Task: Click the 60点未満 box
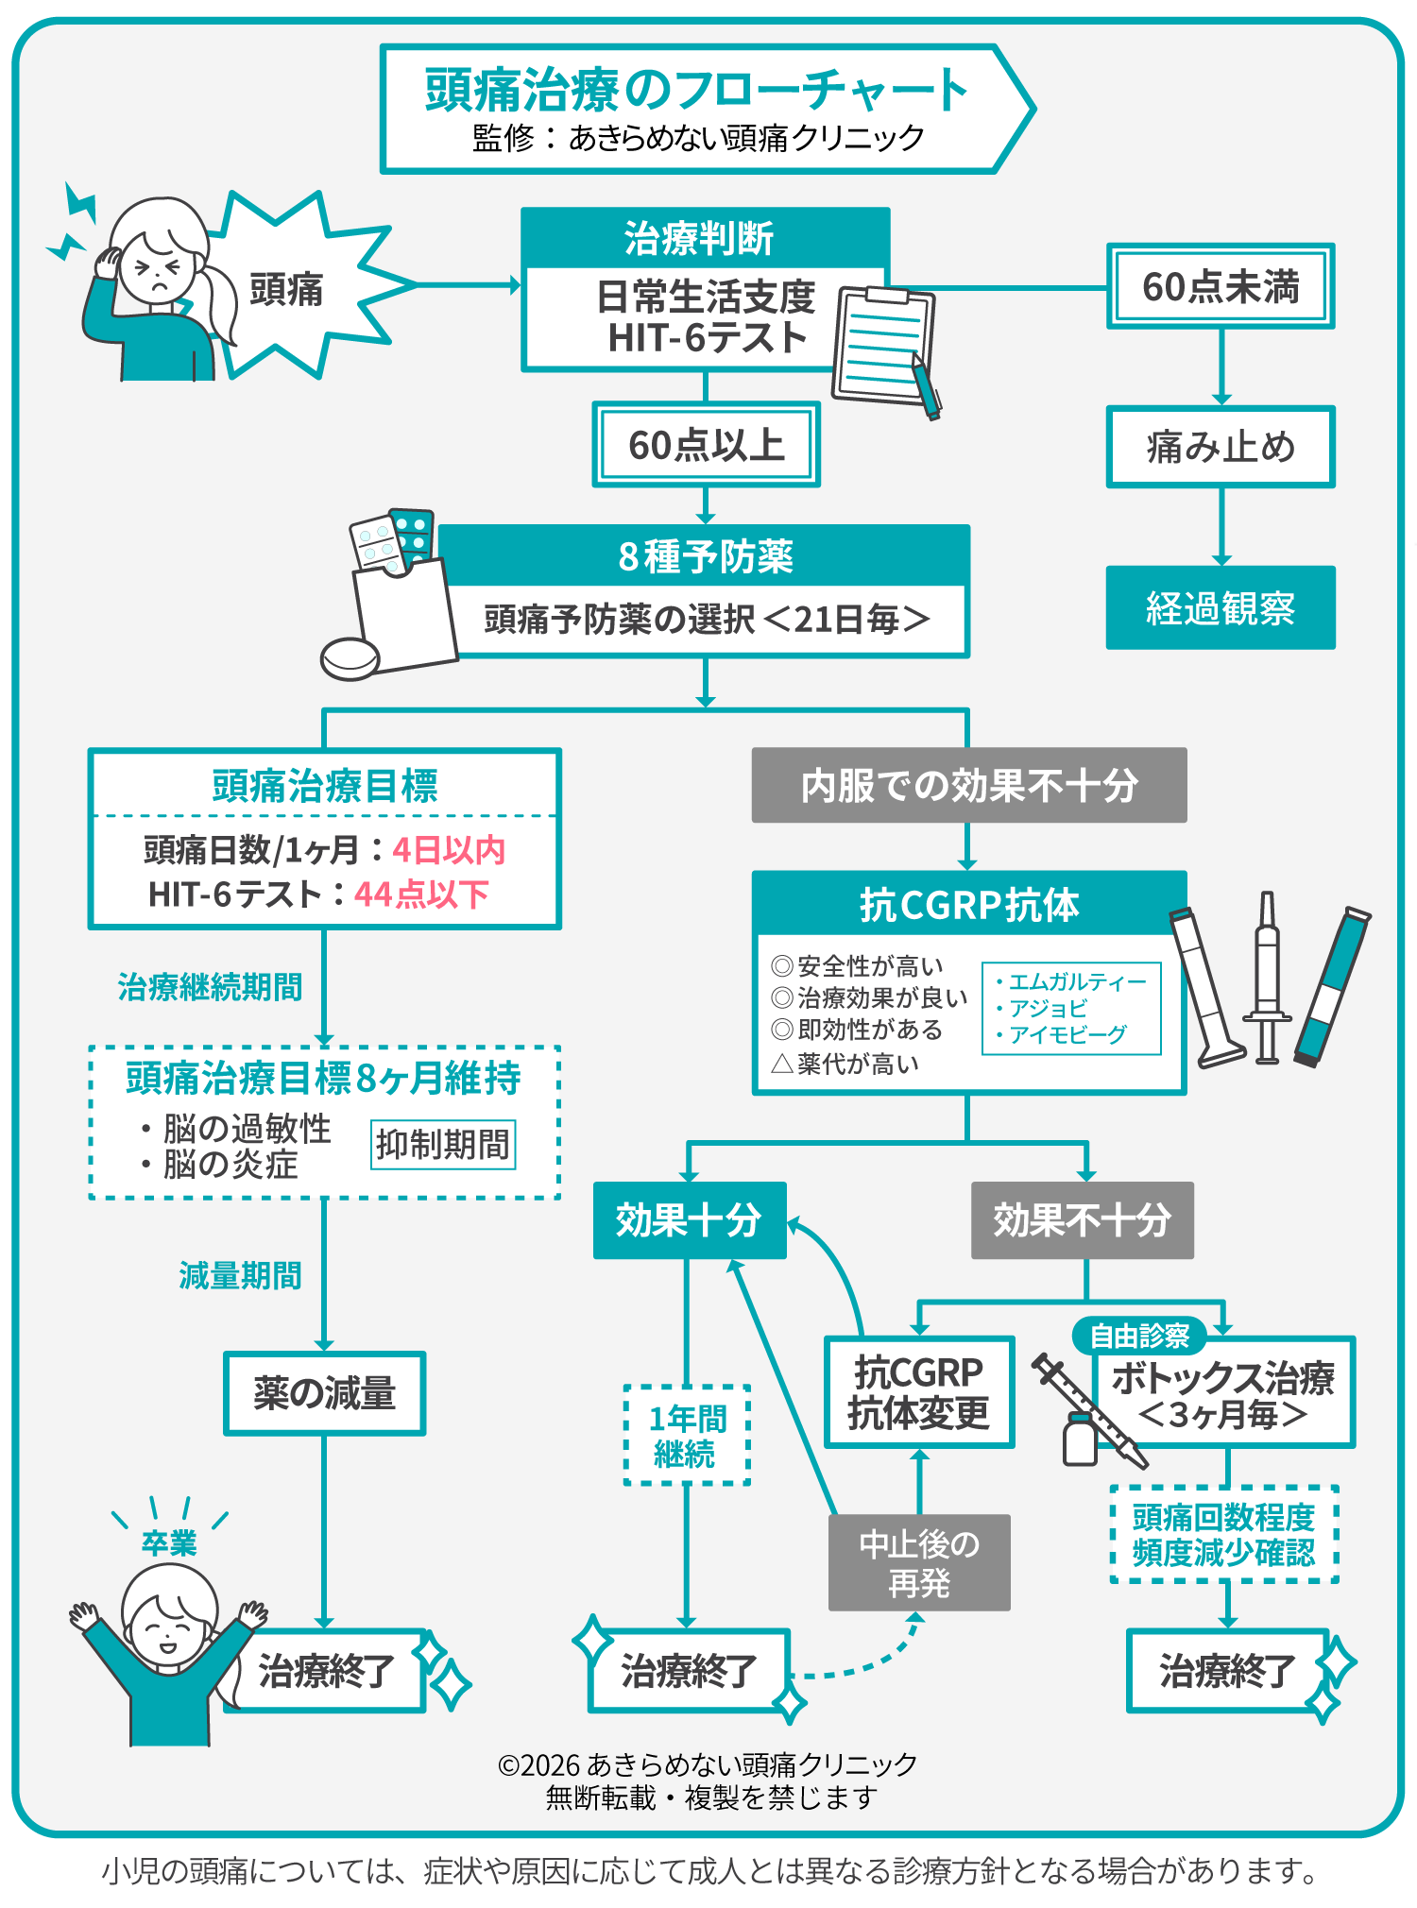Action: click(1221, 286)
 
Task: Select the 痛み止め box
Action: click(1221, 447)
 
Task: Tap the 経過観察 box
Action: click(1221, 607)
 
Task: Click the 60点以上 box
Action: click(706, 445)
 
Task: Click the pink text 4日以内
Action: click(449, 850)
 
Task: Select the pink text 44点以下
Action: click(421, 894)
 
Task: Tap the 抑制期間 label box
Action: click(442, 1145)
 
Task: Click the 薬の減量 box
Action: click(324, 1393)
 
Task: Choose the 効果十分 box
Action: click(689, 1220)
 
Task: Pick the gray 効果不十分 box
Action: click(1082, 1220)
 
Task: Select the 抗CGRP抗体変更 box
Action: click(919, 1392)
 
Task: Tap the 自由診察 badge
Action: click(1139, 1336)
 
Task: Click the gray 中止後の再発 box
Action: click(919, 1562)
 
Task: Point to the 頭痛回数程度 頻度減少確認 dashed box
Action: click(1224, 1535)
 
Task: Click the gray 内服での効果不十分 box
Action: click(968, 785)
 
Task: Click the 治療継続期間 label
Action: click(210, 987)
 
